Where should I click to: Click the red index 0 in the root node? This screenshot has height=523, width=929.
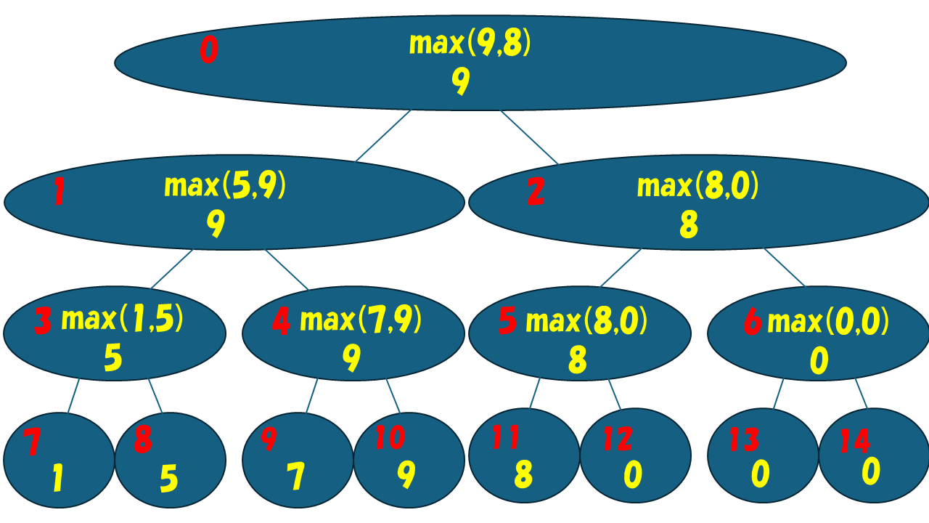tap(208, 52)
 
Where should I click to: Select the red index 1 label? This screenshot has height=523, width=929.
tap(60, 192)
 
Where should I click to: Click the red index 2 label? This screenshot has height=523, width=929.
tap(536, 192)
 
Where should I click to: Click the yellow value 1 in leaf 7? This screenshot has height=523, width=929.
tap(57, 479)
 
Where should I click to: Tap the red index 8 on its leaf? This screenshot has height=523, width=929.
tap(143, 440)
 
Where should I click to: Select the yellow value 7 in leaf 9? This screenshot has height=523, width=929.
tap(295, 477)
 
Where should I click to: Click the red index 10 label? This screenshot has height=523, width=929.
tap(390, 438)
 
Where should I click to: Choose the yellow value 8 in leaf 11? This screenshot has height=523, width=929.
tap(523, 475)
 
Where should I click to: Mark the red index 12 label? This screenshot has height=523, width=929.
tap(617, 439)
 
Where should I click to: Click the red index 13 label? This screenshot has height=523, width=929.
tap(745, 439)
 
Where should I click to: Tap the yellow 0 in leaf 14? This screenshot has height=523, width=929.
tap(871, 471)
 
